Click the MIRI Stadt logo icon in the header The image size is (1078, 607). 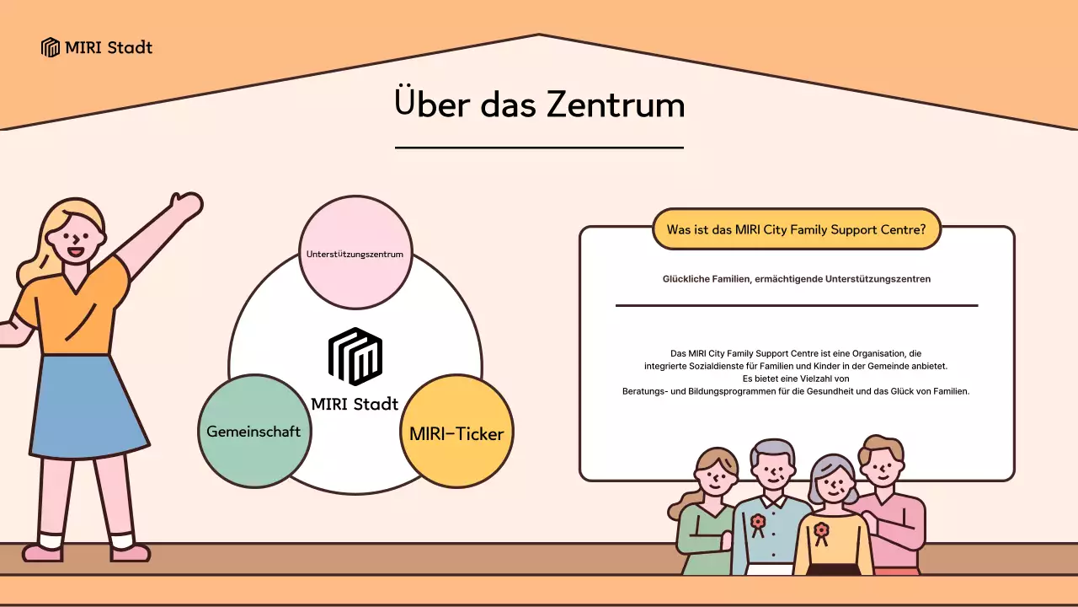(x=51, y=47)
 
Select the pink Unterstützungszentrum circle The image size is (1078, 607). (x=355, y=253)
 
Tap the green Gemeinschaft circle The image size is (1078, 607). (x=253, y=431)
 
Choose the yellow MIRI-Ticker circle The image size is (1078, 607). (x=456, y=433)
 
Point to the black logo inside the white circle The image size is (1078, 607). (x=355, y=356)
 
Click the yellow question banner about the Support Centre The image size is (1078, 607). (x=796, y=229)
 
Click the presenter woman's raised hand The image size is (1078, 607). (x=186, y=204)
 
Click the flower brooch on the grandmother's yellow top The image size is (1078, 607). (x=820, y=531)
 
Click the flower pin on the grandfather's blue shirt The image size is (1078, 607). (x=758, y=523)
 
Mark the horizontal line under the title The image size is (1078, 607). (x=539, y=148)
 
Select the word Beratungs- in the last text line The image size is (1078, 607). (x=644, y=391)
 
